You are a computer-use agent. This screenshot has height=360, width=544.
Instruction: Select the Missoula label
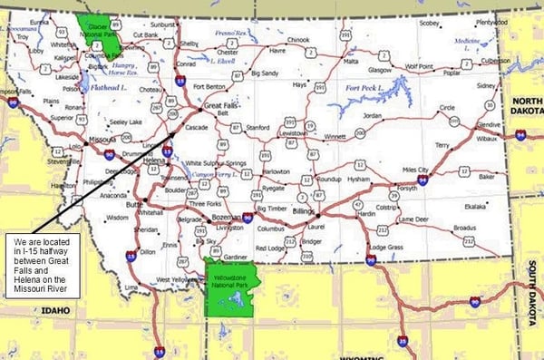click(x=101, y=140)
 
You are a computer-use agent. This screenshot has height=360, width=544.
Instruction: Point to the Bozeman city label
click(x=223, y=219)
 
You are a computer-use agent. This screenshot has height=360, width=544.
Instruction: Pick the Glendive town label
click(x=489, y=125)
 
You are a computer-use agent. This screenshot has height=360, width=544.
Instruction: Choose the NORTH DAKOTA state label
click(x=527, y=107)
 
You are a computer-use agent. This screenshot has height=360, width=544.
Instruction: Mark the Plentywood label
click(x=492, y=23)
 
